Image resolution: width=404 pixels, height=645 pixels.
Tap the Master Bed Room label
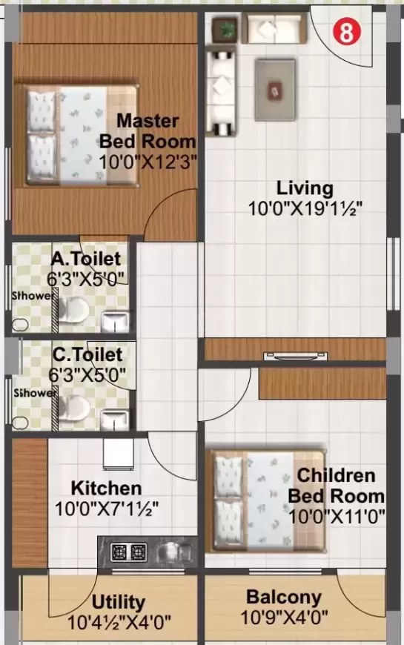pyautogui.click(x=148, y=130)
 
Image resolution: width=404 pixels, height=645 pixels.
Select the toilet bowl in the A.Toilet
pyautogui.click(x=73, y=314)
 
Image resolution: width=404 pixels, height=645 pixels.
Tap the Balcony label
pyautogui.click(x=284, y=598)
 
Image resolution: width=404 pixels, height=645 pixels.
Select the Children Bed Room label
pyautogui.click(x=337, y=486)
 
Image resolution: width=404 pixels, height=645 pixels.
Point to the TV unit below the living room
pyautogui.click(x=295, y=356)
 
